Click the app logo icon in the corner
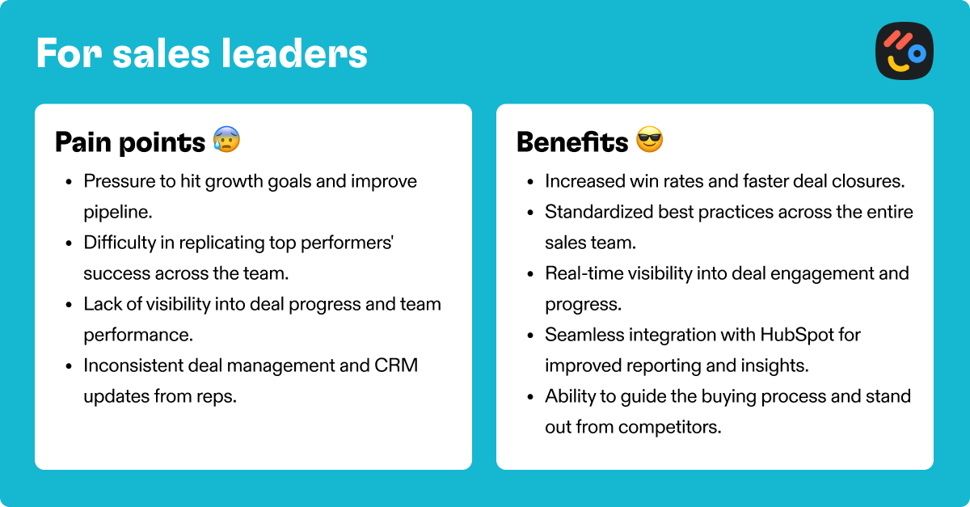905,51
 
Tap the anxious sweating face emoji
226,139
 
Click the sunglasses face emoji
650,139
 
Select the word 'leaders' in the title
294,53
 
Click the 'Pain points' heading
130,142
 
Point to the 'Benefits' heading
572,142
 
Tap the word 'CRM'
396,365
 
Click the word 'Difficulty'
120,243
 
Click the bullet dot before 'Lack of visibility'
69,305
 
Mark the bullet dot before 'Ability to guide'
530,397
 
